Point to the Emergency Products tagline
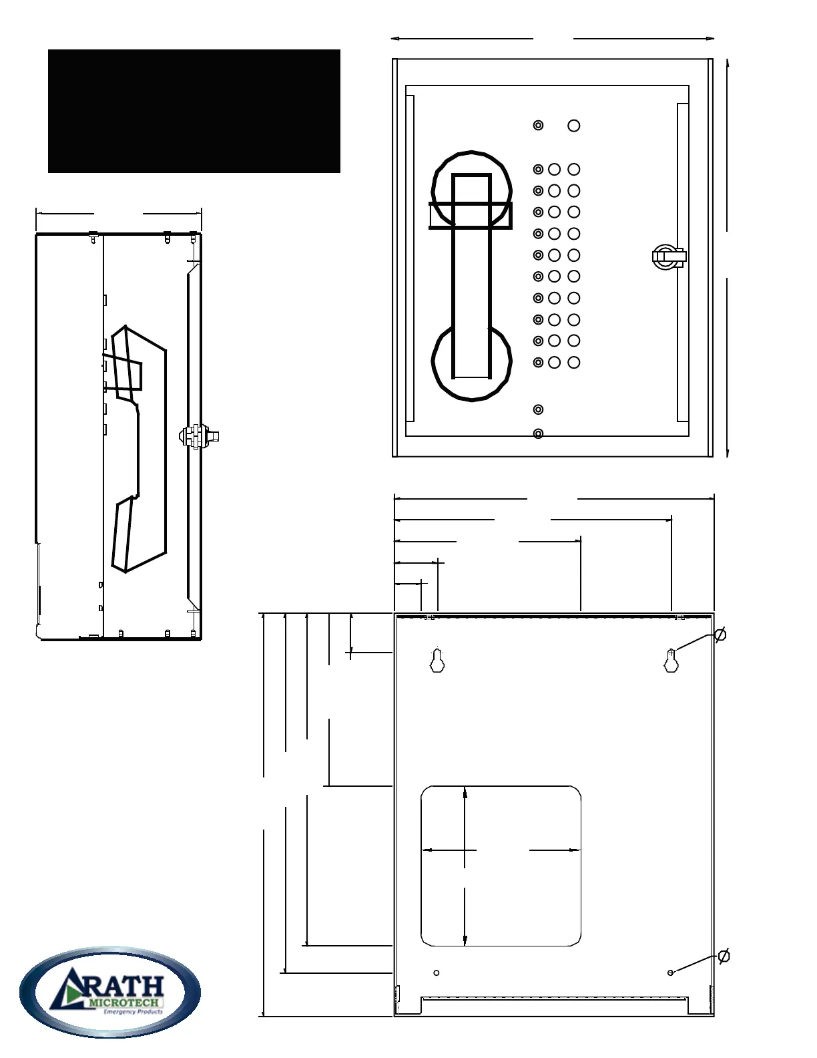pyautogui.click(x=133, y=1012)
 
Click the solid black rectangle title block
pyautogui.click(x=194, y=111)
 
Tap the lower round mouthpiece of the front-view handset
pyautogui.click(x=472, y=361)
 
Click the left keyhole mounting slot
pyautogui.click(x=437, y=661)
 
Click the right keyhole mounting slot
pyautogui.click(x=671, y=661)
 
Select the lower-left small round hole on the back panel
pyautogui.click(x=437, y=973)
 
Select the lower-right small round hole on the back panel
pyautogui.click(x=670, y=973)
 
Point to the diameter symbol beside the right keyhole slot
pyautogui.click(x=720, y=635)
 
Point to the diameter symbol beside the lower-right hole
pyautogui.click(x=724, y=956)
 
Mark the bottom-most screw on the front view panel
pyautogui.click(x=538, y=434)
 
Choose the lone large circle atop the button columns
pyautogui.click(x=573, y=126)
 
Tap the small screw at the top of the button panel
pyautogui.click(x=538, y=126)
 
